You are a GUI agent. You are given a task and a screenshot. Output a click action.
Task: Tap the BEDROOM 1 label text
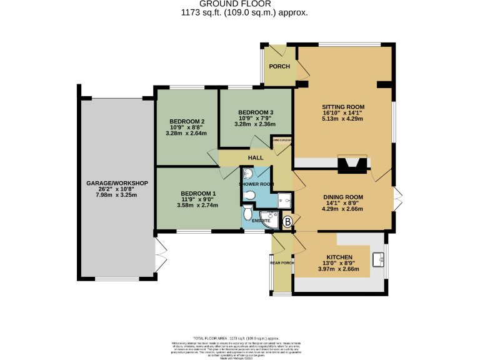point(198,193)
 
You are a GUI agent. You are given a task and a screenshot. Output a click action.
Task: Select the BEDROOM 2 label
point(187,121)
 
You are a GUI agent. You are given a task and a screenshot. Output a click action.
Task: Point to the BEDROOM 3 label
point(256,112)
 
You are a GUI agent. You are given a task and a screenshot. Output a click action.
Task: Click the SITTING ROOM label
point(343,106)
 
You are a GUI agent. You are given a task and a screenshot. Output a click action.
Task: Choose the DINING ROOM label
point(343,197)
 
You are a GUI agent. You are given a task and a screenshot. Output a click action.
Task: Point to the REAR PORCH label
point(282,262)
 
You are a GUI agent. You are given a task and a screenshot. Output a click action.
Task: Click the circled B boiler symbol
point(287,221)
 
